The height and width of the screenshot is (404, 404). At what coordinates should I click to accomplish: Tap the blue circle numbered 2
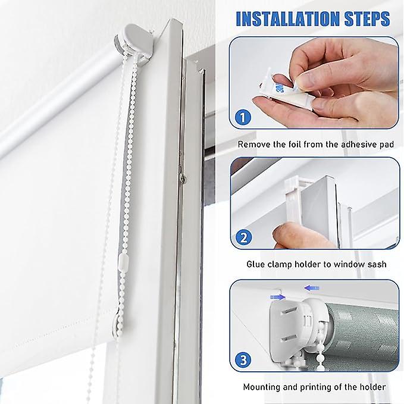pyautogui.click(x=242, y=239)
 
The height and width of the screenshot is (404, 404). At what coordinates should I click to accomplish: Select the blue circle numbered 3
pyautogui.click(x=242, y=359)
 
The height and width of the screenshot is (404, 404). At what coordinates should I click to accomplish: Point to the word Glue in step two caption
pyautogui.click(x=256, y=264)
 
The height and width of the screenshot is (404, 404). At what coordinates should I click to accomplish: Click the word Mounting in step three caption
pyautogui.click(x=264, y=387)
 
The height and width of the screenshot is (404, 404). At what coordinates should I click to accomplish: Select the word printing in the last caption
pyautogui.click(x=317, y=387)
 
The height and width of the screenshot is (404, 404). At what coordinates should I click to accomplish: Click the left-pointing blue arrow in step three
pyautogui.click(x=311, y=288)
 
